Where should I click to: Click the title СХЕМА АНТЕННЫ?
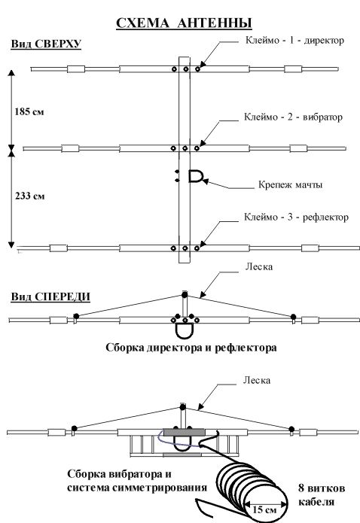pos(184,23)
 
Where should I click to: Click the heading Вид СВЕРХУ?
pos(46,44)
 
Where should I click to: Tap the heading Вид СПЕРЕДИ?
pos(50,296)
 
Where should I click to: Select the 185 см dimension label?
pos(29,111)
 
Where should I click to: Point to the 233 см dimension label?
pos(29,196)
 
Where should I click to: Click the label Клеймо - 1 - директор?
pos(294,41)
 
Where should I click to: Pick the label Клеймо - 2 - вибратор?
pos(293,117)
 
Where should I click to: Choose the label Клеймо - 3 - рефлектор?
pos(296,217)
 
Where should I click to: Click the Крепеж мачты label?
pos(290,184)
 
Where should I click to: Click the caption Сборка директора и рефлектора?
pos(191,348)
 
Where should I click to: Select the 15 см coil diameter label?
pos(264,509)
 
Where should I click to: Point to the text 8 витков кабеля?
pos(322,494)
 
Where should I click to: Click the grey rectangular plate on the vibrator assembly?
pos(184,432)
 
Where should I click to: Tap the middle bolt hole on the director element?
pos(186,69)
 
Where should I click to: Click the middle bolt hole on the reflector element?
pos(185,248)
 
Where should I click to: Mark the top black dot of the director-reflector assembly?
pos(185,294)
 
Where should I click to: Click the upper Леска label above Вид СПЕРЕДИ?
pos(259,267)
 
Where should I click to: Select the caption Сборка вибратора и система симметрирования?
pos(137,481)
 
